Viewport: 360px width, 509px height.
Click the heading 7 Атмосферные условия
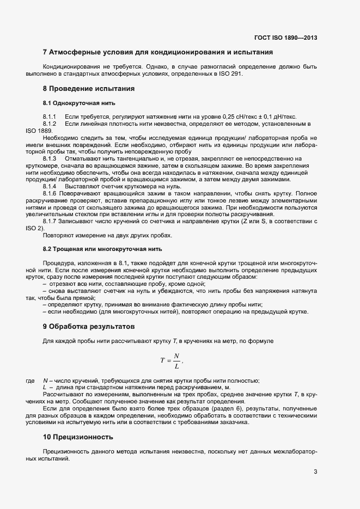click(x=157, y=52)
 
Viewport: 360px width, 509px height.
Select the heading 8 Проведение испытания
click(x=88, y=88)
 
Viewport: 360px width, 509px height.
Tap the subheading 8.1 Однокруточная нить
click(x=78, y=103)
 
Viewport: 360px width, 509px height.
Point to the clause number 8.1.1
click(x=50, y=117)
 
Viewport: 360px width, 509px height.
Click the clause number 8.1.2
click(x=50, y=124)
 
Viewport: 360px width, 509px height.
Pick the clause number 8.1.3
click(x=50, y=158)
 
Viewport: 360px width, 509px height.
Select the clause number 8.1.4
click(x=50, y=186)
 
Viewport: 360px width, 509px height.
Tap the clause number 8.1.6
click(x=50, y=193)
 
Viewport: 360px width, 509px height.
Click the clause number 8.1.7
click(x=50, y=220)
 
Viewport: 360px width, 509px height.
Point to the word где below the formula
click(x=30, y=380)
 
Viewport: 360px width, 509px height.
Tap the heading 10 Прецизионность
click(x=78, y=437)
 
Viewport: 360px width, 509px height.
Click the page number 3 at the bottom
click(x=315, y=471)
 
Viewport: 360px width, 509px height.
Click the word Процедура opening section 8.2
click(x=57, y=263)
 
